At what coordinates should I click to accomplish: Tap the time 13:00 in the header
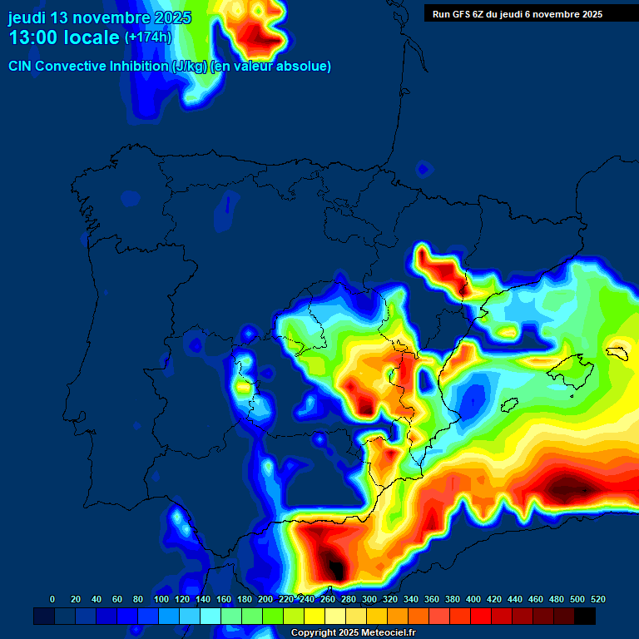(37, 37)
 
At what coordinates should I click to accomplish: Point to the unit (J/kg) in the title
(191, 67)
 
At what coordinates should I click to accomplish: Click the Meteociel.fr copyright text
(353, 633)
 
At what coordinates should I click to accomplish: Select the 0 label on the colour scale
(52, 599)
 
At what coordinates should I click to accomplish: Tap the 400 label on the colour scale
(473, 599)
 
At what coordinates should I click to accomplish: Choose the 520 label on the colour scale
(597, 599)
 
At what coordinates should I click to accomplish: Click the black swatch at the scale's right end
(585, 616)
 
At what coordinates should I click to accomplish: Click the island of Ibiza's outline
(508, 404)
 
